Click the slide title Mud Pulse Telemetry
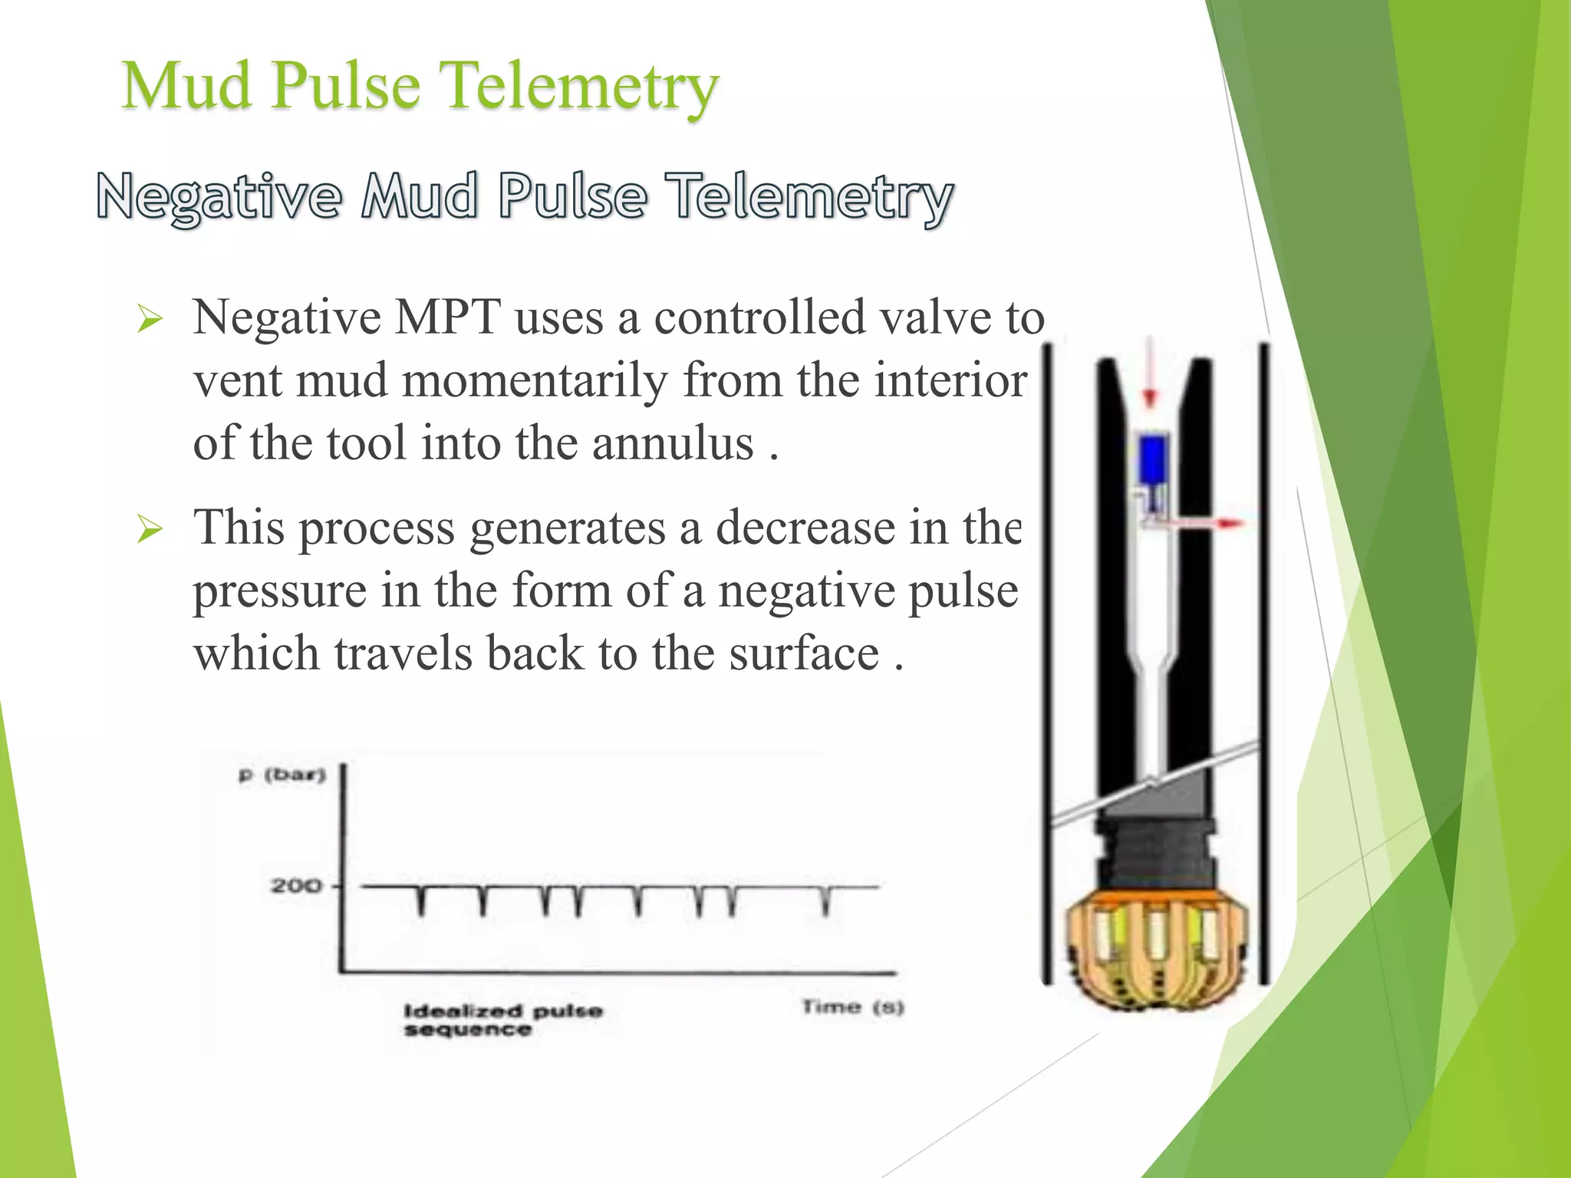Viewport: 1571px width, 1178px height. pyautogui.click(x=420, y=86)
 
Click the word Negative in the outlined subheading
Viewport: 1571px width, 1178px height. pyautogui.click(x=219, y=197)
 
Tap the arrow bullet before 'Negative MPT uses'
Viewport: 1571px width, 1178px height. pyautogui.click(x=150, y=318)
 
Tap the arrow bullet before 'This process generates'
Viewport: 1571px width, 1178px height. pyautogui.click(x=150, y=528)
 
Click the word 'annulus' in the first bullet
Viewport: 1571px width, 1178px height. pyautogui.click(x=673, y=444)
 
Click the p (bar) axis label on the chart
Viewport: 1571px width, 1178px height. pyautogui.click(x=282, y=775)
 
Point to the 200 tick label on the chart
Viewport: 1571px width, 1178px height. pyautogui.click(x=295, y=887)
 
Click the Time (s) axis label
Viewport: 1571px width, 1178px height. pyautogui.click(x=853, y=1006)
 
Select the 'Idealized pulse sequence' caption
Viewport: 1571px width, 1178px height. pyautogui.click(x=502, y=1020)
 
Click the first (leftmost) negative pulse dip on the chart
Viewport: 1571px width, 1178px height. pyautogui.click(x=420, y=901)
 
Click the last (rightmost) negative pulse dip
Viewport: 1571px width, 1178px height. pyautogui.click(x=825, y=901)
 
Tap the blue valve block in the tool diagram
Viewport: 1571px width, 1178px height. pyautogui.click(x=1153, y=459)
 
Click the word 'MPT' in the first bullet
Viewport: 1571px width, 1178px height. pyautogui.click(x=447, y=317)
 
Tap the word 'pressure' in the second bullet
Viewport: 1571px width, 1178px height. pyautogui.click(x=278, y=591)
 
